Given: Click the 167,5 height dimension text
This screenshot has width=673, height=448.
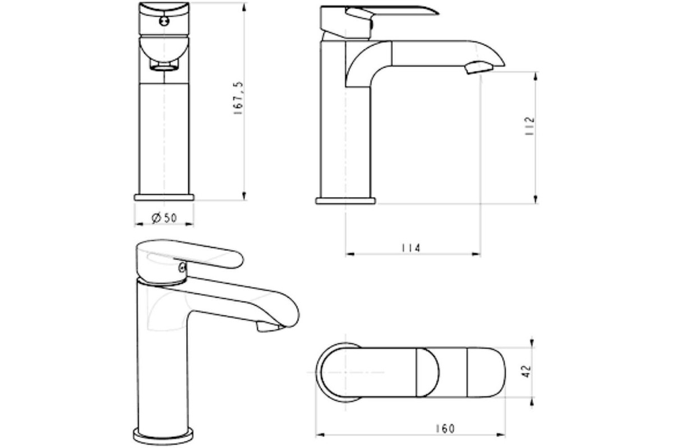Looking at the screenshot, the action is point(238,98).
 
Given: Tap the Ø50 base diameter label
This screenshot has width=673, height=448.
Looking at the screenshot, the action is point(164,218).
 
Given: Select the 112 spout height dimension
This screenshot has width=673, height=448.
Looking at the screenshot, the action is point(529,126).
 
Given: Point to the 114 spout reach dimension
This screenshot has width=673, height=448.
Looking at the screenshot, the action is point(411,248).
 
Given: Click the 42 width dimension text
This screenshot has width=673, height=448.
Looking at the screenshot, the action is point(527,371).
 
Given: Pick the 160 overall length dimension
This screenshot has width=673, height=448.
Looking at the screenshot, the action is point(445,428).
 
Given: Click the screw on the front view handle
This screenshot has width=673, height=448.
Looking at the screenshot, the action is point(164,21).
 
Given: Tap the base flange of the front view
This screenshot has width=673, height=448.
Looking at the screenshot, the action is point(164,198).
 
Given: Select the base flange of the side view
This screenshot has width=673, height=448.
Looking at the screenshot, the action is point(345,200).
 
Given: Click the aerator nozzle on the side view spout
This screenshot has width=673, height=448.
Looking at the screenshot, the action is point(479,67).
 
